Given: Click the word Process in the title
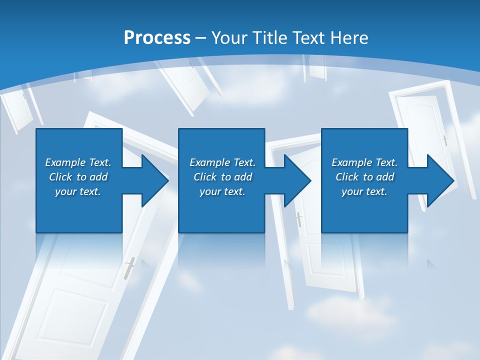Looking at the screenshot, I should coord(157,38).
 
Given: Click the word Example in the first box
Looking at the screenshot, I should coord(66,162).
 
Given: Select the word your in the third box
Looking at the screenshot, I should coord(352,191).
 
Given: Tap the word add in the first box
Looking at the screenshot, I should coord(98,177).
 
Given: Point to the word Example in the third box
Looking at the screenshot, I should coord(352,162).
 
